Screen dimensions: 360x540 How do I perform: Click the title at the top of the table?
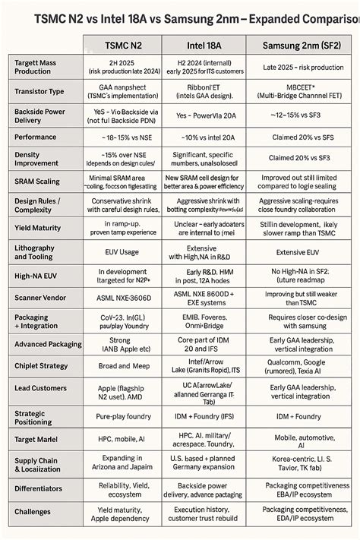point(180,16)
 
